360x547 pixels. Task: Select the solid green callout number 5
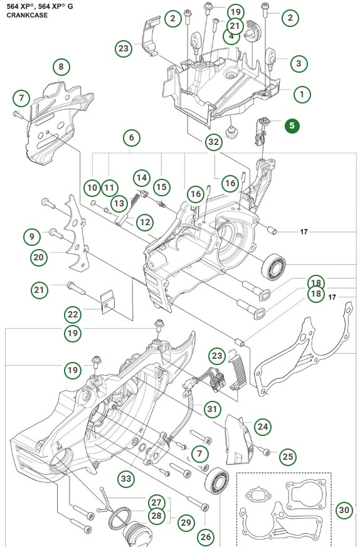[x=293, y=125]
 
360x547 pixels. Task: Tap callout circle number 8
[x=61, y=66]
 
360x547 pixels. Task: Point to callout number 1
[x=302, y=94]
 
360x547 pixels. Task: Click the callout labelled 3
[x=298, y=63]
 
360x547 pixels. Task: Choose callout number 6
[x=130, y=137]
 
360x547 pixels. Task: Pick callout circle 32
[x=214, y=142]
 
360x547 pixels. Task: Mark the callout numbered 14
[x=141, y=178]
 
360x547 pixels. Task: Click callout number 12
[x=144, y=221]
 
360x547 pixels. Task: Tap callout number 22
[x=73, y=314]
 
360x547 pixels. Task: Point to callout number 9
[x=31, y=236]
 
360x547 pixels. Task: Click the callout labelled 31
[x=213, y=409]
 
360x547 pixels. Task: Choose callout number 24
[x=262, y=427]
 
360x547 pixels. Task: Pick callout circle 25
[x=287, y=456]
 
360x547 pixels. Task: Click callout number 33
[x=127, y=479]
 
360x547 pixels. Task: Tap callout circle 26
[x=206, y=536]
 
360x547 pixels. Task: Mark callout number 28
[x=156, y=515]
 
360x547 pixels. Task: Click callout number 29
[x=185, y=522]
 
